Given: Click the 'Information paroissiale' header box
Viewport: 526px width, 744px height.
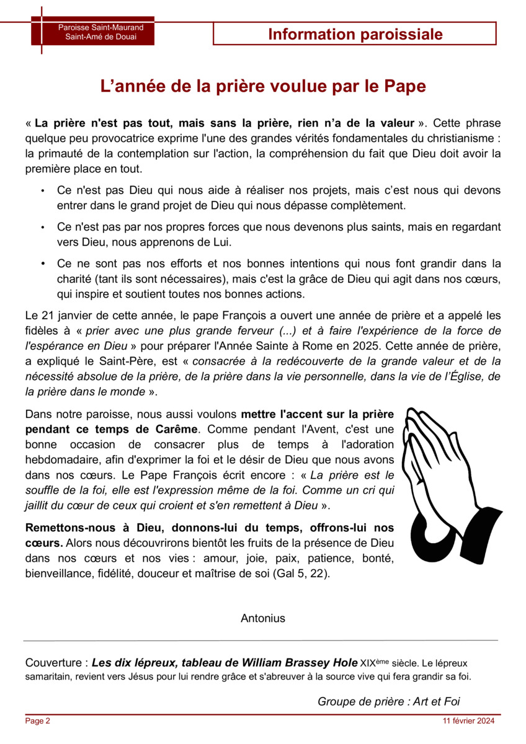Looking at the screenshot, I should (355, 34).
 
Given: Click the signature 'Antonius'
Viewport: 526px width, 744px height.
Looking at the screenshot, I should (263, 618).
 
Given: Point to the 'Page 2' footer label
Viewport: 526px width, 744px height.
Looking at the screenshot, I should (37, 721).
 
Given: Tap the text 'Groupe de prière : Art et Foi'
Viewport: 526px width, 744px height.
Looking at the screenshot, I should (388, 701).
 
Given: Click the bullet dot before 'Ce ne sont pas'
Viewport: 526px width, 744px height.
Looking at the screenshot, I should (42, 265).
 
